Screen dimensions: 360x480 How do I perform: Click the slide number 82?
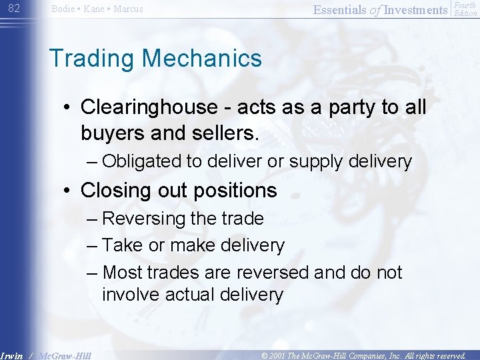(x=14, y=9)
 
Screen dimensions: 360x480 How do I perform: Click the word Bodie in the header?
(x=64, y=9)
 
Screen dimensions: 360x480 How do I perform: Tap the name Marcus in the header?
(x=127, y=9)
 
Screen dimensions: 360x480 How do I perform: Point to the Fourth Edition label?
(x=465, y=9)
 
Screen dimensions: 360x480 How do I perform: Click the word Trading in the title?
(x=91, y=58)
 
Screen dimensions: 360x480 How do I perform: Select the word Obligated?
(x=142, y=161)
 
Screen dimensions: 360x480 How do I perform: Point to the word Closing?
(x=117, y=191)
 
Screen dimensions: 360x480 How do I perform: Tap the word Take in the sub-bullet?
(x=123, y=245)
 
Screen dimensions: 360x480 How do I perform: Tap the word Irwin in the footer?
(x=13, y=355)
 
